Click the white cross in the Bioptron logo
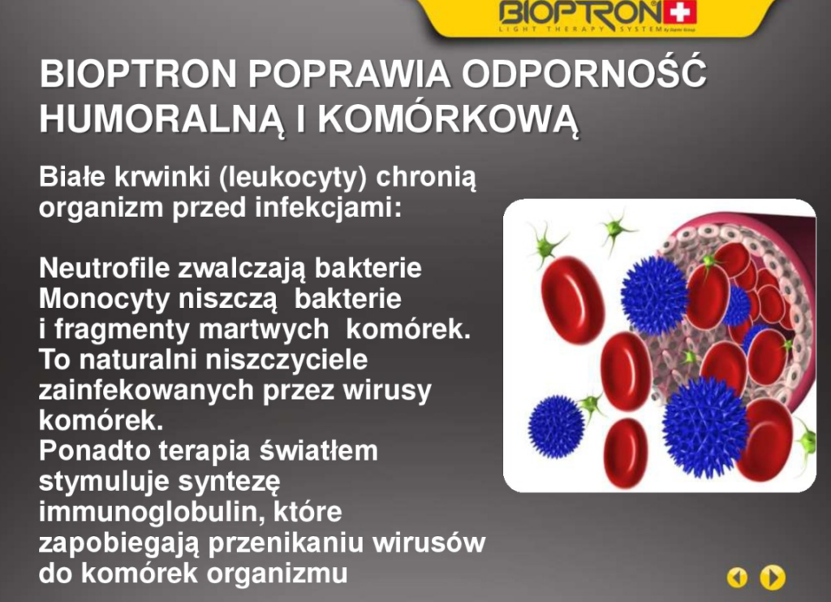(x=679, y=12)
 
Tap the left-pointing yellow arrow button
(x=737, y=577)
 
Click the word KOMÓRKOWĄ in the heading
(x=448, y=119)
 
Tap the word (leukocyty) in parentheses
(x=292, y=177)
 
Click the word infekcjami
(x=328, y=207)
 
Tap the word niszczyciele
(x=286, y=360)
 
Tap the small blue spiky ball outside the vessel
(x=557, y=427)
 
